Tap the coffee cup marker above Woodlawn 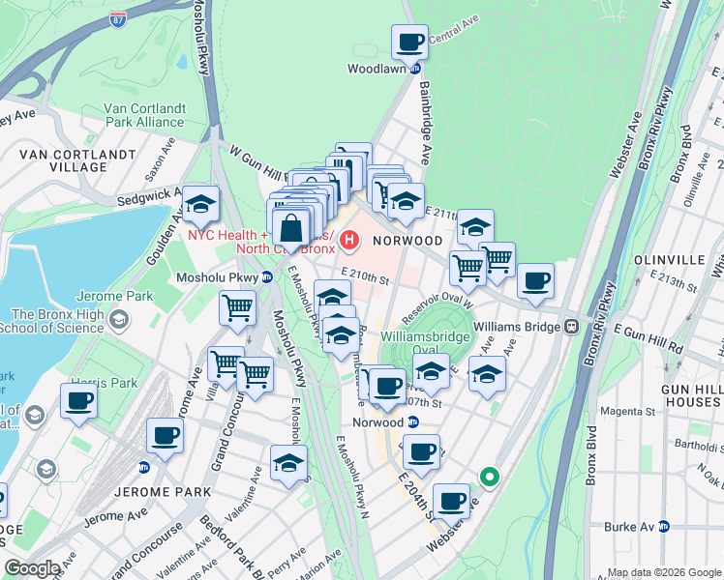click(x=409, y=43)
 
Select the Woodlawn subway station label click(x=381, y=69)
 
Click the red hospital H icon click(x=349, y=237)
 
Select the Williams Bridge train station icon click(x=573, y=327)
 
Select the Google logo click(x=32, y=568)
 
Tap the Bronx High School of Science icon click(x=118, y=320)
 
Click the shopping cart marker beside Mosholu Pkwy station click(x=237, y=310)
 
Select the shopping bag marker click(x=290, y=230)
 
